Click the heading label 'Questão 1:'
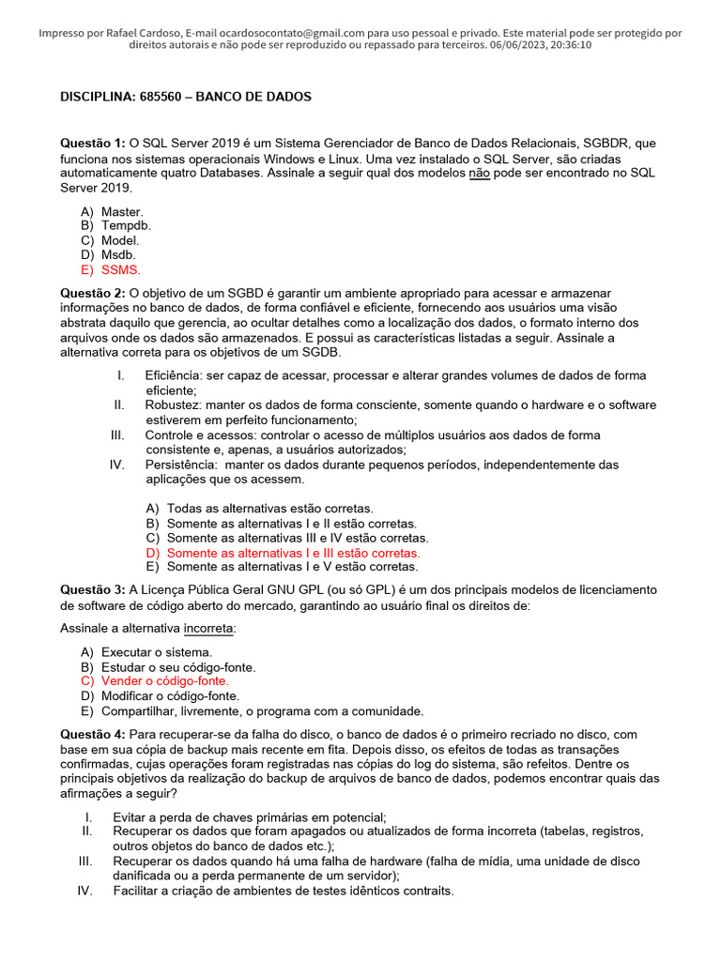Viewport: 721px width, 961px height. click(93, 143)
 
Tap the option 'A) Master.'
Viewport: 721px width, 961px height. click(112, 212)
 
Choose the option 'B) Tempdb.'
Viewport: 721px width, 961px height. click(115, 226)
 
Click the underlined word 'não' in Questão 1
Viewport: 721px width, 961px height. click(479, 173)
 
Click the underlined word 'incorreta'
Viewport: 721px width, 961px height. click(209, 628)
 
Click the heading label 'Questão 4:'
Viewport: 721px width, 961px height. click(93, 733)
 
